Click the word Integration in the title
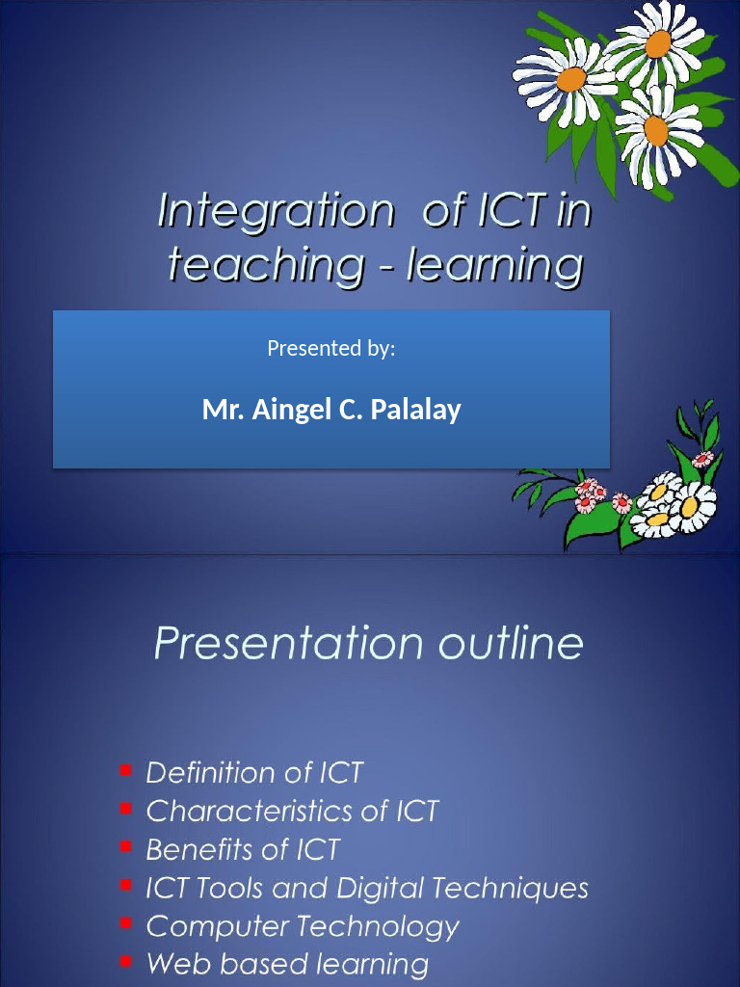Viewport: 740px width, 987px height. pyautogui.click(x=275, y=212)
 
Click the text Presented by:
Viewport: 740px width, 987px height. pyautogui.click(x=330, y=348)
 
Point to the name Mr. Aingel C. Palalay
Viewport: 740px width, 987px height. pyautogui.click(x=330, y=410)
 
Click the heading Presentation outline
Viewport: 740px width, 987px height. pyautogui.click(x=369, y=644)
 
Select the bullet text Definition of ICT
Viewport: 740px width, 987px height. pyautogui.click(x=254, y=773)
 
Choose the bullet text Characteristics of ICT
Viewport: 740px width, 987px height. pyautogui.click(x=292, y=812)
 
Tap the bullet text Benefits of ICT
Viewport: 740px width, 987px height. pyautogui.click(x=243, y=850)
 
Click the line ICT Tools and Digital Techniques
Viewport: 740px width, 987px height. pyautogui.click(x=366, y=888)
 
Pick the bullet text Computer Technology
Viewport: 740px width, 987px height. pyautogui.click(x=303, y=926)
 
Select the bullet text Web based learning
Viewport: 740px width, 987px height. pyautogui.click(x=287, y=964)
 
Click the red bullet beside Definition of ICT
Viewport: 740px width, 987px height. pyautogui.click(x=126, y=770)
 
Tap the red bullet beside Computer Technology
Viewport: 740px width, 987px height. pyautogui.click(x=126, y=923)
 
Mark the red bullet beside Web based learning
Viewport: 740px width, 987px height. pyautogui.click(x=126, y=961)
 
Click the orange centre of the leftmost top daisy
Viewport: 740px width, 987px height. pyautogui.click(x=570, y=79)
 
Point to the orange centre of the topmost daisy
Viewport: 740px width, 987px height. pyautogui.click(x=658, y=43)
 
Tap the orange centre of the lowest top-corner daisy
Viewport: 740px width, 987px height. pyautogui.click(x=656, y=130)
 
